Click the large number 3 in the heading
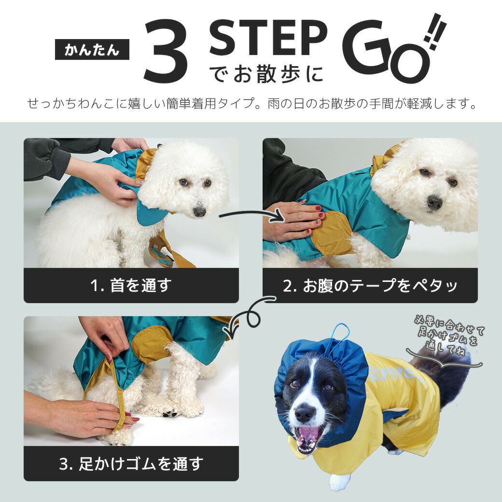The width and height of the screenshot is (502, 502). (x=166, y=51)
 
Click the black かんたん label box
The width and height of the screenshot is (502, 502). (x=92, y=49)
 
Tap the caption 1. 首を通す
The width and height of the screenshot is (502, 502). (x=131, y=286)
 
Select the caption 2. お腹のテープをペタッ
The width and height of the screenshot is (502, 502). (x=370, y=286)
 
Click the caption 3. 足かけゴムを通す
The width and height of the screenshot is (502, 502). (x=131, y=464)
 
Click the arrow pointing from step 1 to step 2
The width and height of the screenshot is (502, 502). (x=253, y=215)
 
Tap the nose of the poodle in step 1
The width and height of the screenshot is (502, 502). (x=199, y=211)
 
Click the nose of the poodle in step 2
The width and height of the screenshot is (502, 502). (x=434, y=203)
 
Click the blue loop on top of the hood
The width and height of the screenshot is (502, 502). (x=341, y=332)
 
